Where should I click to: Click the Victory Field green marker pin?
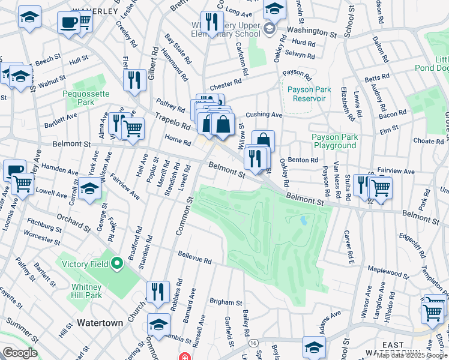(x=118, y=263)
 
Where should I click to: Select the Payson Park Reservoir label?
(x=306, y=94)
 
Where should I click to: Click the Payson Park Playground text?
(x=334, y=142)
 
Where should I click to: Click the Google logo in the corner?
(x=20, y=353)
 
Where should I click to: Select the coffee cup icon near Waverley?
(x=68, y=23)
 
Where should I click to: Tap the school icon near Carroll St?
(x=89, y=189)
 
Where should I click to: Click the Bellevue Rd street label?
(x=194, y=258)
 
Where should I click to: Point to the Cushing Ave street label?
(x=264, y=115)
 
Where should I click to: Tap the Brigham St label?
(x=225, y=303)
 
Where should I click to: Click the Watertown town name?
(x=100, y=323)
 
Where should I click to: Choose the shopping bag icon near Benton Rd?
(x=262, y=141)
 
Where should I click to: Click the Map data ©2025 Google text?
(x=412, y=355)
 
